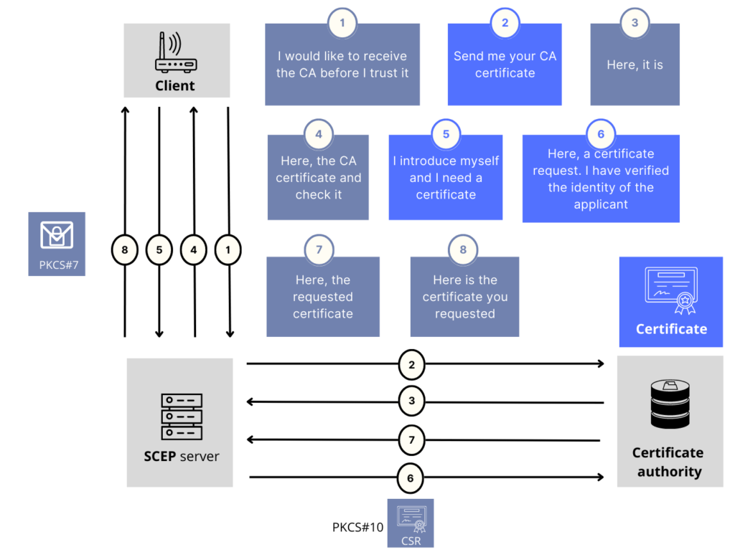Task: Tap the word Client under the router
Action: point(175,86)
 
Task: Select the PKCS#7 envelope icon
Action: point(57,234)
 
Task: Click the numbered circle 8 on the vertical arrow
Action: point(125,250)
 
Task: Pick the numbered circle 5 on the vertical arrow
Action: point(159,250)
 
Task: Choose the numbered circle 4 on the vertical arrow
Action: point(194,250)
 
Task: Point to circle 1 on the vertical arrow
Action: point(228,250)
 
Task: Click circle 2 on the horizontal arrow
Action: point(411,364)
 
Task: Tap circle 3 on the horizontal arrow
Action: point(411,401)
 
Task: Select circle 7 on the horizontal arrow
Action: point(411,440)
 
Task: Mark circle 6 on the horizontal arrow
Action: point(411,478)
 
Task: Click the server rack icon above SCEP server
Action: point(182,417)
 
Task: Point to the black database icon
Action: point(670,404)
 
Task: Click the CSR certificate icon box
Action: point(411,523)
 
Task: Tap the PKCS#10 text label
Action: point(357,527)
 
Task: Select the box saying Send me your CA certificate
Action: point(505,65)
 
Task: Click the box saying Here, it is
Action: point(635,65)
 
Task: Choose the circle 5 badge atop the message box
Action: point(446,134)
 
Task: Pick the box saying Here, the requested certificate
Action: point(323,296)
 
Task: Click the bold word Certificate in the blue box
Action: point(671,329)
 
